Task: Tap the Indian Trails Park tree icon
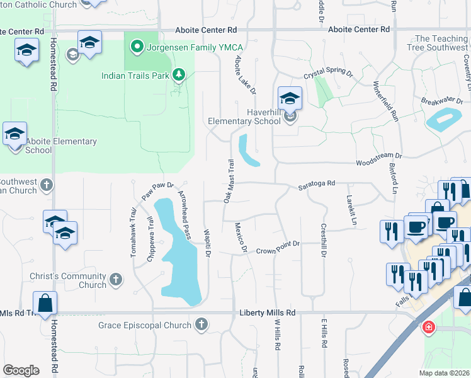coord(179,76)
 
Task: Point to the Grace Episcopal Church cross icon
coord(201,325)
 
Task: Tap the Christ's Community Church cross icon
coord(115,278)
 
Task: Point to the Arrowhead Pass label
coord(184,215)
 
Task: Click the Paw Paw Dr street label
coord(157,188)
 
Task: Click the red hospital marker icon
coord(428,328)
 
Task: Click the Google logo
coord(21,370)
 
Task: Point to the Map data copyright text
coord(445,372)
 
